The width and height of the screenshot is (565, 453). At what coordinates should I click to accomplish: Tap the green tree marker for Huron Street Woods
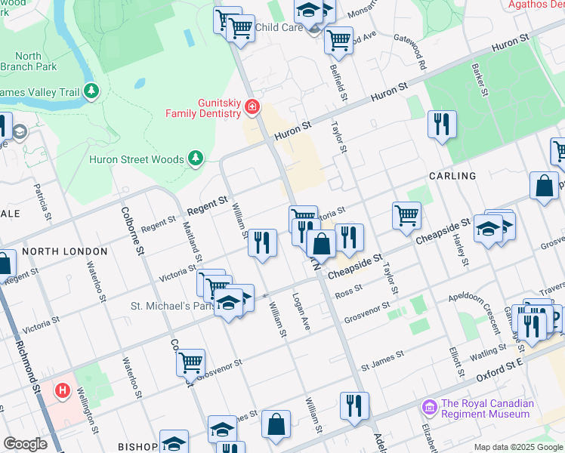[x=196, y=157]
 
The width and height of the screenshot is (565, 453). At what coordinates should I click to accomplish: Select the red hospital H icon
[x=63, y=390]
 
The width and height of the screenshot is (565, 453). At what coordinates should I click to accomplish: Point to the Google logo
[x=25, y=444]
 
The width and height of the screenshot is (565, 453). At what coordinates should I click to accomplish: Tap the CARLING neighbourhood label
[x=452, y=176]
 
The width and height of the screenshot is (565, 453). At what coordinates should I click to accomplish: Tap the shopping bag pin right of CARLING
[x=544, y=186]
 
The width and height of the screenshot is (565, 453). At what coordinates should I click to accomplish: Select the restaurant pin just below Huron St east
[x=441, y=124]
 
